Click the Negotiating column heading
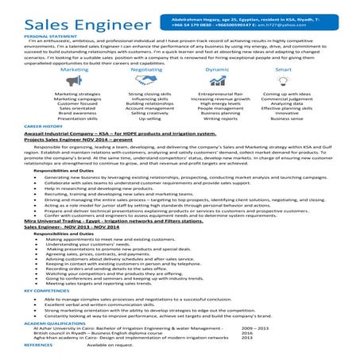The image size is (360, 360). (145, 69)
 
